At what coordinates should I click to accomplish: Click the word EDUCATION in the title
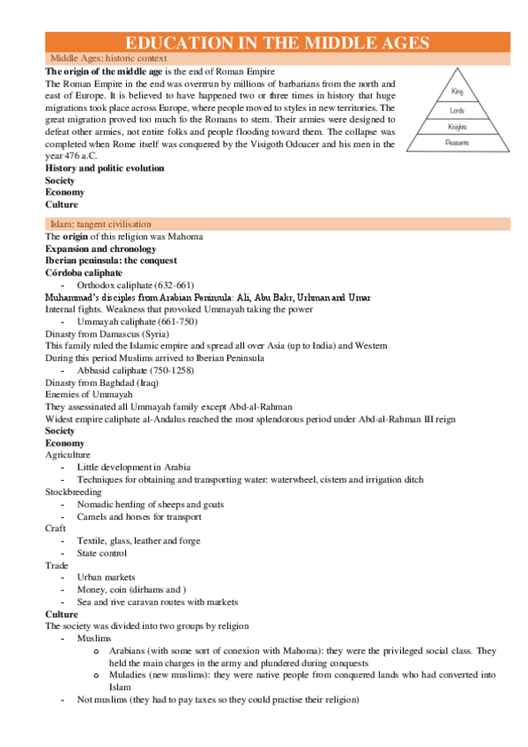pyautogui.click(x=175, y=43)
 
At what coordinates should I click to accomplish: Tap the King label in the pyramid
pyautogui.click(x=457, y=92)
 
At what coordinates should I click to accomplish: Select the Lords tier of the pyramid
pyautogui.click(x=457, y=110)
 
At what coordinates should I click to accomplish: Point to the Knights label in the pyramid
pyautogui.click(x=457, y=127)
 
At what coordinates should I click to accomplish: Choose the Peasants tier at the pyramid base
pyautogui.click(x=457, y=144)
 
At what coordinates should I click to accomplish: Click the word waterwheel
pyautogui.click(x=293, y=479)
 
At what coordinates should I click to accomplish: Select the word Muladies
pyautogui.click(x=127, y=675)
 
